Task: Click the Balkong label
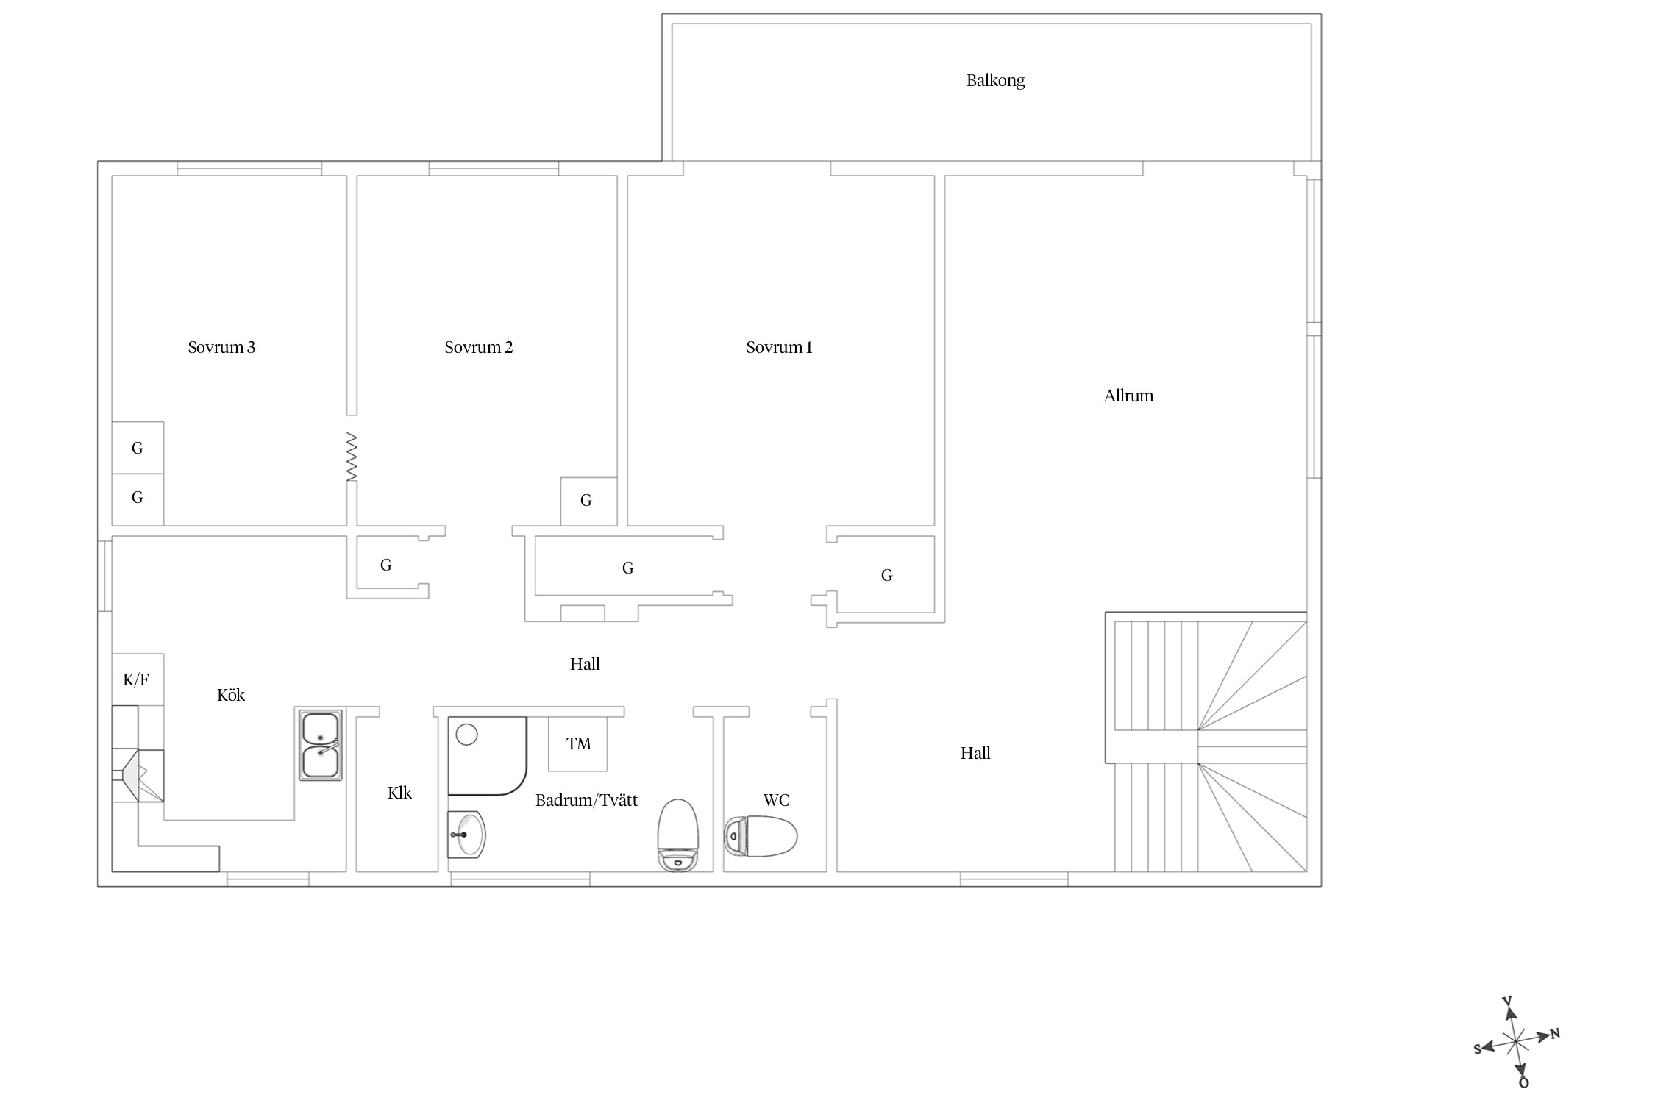[x=995, y=80]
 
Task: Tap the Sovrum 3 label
[x=221, y=347]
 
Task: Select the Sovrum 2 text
[x=479, y=347]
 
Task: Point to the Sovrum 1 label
[x=780, y=347]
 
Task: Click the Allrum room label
[x=1128, y=396]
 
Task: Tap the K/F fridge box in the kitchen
[x=138, y=679]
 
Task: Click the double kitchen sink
[x=321, y=745]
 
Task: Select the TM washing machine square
[x=578, y=743]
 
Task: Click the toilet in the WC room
[x=761, y=836]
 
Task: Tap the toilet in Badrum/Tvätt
[x=677, y=835]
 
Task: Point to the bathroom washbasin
[x=466, y=835]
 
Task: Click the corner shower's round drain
[x=467, y=734]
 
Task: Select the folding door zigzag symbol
[x=352, y=457]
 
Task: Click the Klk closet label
[x=399, y=793]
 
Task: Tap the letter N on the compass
[x=1555, y=1034]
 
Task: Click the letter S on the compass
[x=1478, y=1049]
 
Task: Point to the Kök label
[x=231, y=695]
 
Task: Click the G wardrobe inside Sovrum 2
[x=588, y=501]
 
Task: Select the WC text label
[x=777, y=800]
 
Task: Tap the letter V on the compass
[x=1506, y=1002]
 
